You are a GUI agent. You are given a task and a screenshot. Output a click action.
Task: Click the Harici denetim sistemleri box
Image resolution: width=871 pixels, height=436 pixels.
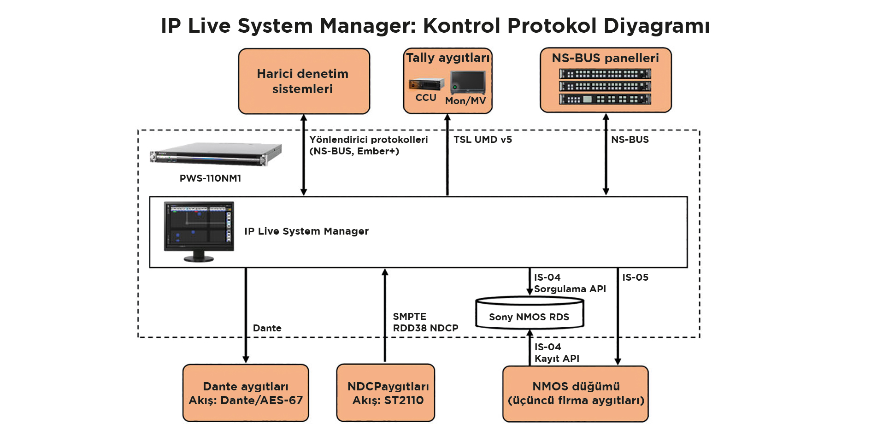tap(304, 81)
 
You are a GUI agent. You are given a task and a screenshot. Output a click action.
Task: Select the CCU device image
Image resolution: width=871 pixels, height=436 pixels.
tap(426, 84)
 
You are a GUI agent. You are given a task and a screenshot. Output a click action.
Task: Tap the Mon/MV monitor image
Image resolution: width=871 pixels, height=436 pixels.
tap(468, 82)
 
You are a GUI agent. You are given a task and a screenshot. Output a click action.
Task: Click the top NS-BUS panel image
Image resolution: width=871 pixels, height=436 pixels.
tap(605, 74)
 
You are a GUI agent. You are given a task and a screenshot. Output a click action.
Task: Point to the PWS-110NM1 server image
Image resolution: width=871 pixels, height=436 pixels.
tap(216, 154)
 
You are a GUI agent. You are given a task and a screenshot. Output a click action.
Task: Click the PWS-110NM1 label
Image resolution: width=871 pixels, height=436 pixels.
tap(210, 178)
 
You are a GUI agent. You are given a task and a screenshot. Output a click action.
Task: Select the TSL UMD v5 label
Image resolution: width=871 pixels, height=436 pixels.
tap(483, 140)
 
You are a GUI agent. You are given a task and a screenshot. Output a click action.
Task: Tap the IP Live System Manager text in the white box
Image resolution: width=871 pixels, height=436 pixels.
tap(306, 231)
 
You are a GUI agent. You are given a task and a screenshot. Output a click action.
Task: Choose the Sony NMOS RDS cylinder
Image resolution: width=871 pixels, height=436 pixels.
tap(530, 313)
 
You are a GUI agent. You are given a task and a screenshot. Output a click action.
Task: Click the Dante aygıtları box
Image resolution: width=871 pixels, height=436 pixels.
tap(246, 393)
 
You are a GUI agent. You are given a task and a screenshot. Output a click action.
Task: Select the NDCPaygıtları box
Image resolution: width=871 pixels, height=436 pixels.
tap(386, 393)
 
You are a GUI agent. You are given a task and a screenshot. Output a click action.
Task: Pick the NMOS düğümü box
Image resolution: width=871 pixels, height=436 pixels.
tap(576, 394)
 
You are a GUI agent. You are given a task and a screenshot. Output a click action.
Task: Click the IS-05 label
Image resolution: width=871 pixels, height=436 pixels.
tap(636, 277)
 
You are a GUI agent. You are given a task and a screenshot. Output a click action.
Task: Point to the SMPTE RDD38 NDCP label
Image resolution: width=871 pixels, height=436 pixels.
tap(425, 322)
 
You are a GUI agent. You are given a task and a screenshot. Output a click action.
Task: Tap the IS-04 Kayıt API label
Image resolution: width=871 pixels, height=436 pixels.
tap(557, 353)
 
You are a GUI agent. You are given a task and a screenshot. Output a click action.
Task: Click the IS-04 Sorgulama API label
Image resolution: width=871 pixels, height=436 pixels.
tap(570, 283)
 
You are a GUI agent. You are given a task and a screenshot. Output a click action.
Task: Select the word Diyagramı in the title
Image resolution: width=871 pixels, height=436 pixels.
tap(657, 26)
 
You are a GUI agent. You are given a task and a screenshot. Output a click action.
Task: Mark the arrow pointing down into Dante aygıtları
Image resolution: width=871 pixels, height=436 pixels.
tap(246, 315)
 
